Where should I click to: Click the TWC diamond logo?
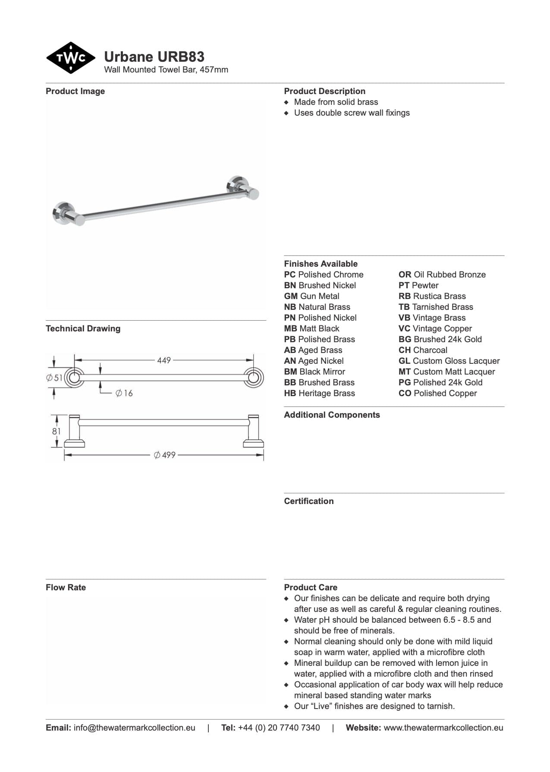click(x=70, y=58)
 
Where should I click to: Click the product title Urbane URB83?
click(x=154, y=57)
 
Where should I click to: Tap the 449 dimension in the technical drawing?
click(x=164, y=360)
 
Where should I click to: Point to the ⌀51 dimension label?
click(x=55, y=378)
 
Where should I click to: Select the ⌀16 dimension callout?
click(x=124, y=393)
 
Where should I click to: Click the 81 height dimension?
click(x=57, y=431)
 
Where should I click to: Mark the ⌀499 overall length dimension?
click(x=165, y=455)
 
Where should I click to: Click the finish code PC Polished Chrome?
click(x=324, y=274)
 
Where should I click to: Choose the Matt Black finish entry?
click(x=311, y=328)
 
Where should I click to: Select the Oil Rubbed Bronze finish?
click(x=442, y=274)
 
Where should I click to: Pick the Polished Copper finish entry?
click(x=437, y=393)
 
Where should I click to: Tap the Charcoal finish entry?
click(x=423, y=350)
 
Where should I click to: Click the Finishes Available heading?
click(x=321, y=264)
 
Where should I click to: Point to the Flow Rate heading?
click(x=66, y=587)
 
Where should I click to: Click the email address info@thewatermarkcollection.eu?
click(x=134, y=728)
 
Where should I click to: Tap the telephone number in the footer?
click(x=279, y=728)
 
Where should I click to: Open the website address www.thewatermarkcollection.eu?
click(x=443, y=728)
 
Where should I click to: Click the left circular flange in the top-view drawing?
click(x=74, y=378)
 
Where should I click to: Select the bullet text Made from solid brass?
click(x=336, y=102)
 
